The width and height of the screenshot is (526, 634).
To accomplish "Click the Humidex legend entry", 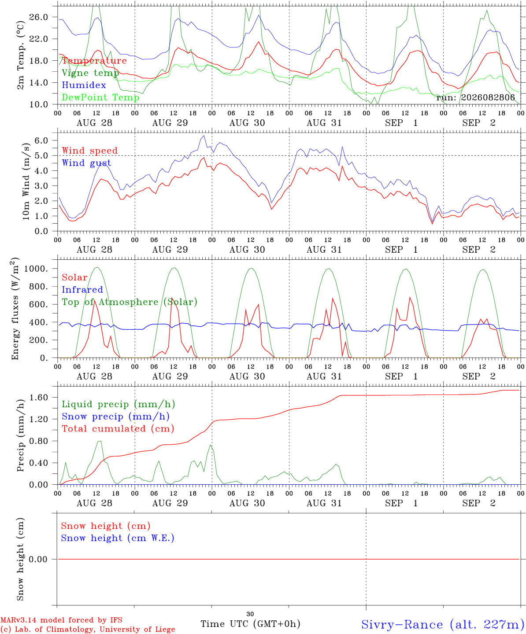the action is [84, 85].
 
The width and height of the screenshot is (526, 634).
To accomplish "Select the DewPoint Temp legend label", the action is [100, 97].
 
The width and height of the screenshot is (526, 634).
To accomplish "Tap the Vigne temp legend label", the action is [90, 73].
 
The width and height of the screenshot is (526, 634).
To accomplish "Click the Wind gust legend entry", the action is [87, 163].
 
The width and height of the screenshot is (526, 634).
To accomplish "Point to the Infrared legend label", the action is [82, 290].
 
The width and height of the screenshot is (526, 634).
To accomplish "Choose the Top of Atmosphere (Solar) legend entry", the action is [130, 302].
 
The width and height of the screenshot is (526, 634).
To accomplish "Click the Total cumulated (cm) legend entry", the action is [118, 429].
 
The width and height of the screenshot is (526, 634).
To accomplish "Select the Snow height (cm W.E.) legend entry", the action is [118, 538].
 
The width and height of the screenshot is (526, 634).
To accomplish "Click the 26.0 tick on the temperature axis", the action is [39, 17].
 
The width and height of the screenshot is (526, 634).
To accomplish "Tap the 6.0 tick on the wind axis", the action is [41, 140].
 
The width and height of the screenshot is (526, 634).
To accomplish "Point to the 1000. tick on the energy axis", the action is [36, 269].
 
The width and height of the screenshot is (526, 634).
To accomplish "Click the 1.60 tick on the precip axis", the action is [39, 398].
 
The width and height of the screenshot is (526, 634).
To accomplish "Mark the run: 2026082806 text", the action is [475, 97].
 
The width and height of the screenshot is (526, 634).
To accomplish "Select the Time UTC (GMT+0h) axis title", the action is [250, 624].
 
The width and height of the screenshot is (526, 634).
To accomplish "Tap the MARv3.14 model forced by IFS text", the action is [61, 620].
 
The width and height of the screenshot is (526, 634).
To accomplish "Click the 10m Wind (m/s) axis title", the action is [26, 181].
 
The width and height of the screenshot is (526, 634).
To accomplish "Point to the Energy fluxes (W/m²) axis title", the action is [15, 309].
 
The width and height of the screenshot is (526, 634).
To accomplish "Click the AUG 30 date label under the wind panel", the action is [247, 250].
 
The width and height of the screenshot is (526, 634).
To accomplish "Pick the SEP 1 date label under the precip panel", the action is [401, 503].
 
